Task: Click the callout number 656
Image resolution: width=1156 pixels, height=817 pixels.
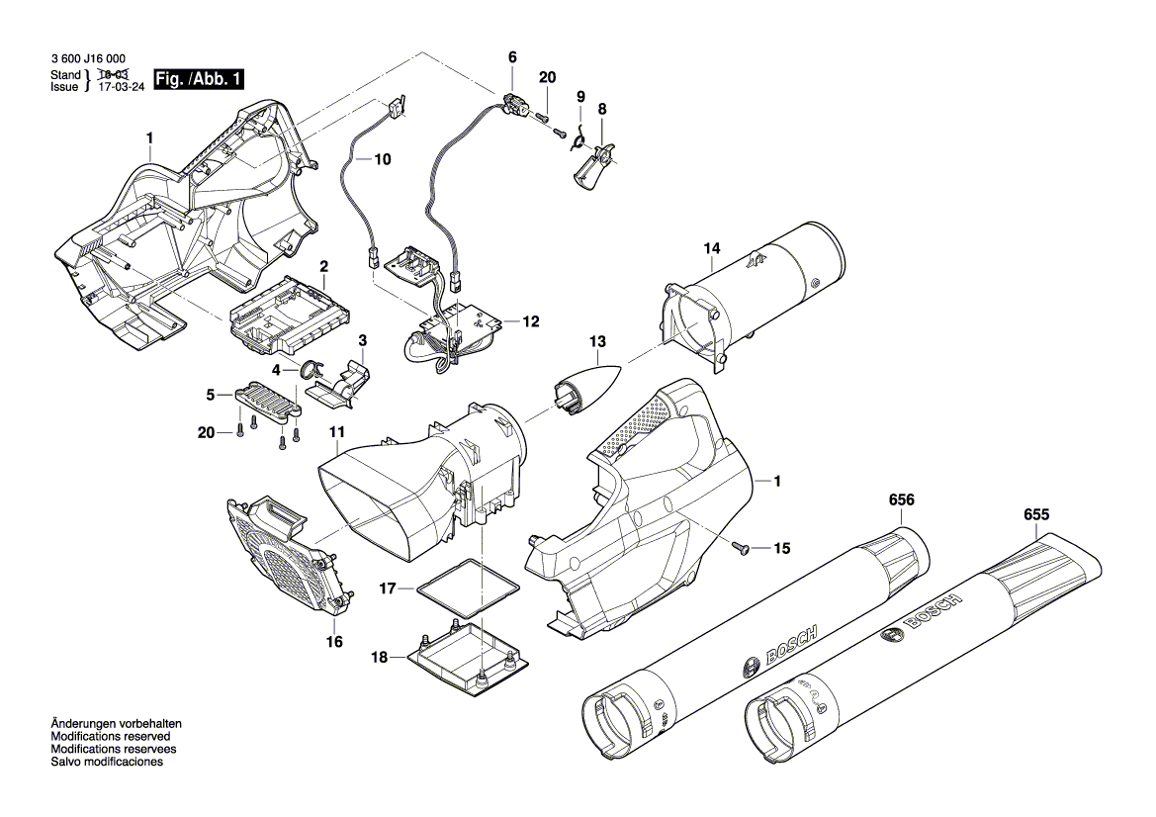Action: click(x=901, y=500)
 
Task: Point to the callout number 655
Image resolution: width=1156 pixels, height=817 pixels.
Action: click(x=1036, y=515)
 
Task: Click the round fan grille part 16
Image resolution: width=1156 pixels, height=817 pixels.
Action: click(x=286, y=556)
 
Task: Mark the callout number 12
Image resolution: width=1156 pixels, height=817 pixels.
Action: click(x=531, y=321)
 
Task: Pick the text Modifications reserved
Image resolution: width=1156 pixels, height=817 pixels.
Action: click(x=110, y=737)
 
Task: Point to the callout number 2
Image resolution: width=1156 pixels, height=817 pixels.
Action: click(x=322, y=266)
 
